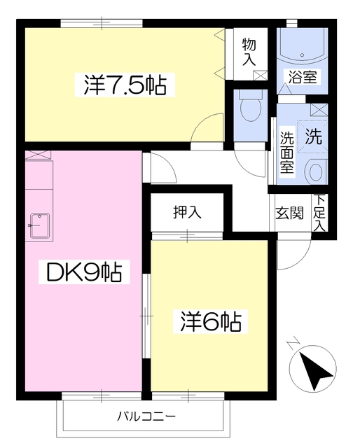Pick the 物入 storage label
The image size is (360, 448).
pos(249,52)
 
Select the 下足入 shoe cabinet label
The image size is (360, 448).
pos(319,213)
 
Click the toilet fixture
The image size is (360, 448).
pos(249,108)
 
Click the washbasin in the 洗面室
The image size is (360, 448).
pos(315,170)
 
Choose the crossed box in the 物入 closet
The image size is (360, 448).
pos(259,75)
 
